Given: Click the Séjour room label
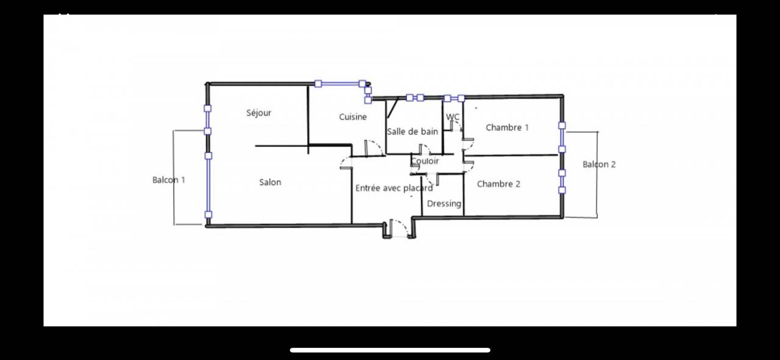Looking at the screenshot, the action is (x=259, y=113).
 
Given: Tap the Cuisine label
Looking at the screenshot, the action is (x=353, y=117).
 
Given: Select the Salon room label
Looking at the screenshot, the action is (x=270, y=182).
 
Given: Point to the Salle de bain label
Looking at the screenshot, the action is (x=413, y=132).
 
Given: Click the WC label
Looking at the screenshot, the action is (x=453, y=116).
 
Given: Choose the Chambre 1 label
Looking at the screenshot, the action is (x=508, y=128).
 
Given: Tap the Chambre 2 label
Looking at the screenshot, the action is (x=498, y=184).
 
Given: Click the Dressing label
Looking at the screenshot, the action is (x=444, y=203).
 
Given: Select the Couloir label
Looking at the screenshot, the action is (x=425, y=161).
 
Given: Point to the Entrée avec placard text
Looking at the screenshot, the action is (x=394, y=188).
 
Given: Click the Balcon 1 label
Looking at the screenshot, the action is (x=169, y=180).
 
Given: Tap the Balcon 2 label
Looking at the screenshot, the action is (x=599, y=164).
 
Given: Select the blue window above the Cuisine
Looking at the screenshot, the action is (x=340, y=83).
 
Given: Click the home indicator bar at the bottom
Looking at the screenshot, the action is (x=390, y=350).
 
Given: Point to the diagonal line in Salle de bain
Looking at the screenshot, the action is (x=393, y=108).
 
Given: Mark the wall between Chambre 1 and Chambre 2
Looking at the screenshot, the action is (x=511, y=155).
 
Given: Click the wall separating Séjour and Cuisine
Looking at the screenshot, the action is (x=308, y=120).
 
